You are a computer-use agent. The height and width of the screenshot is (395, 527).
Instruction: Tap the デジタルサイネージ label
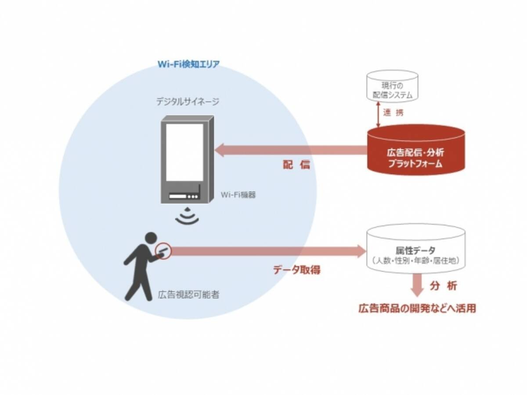(x=188, y=102)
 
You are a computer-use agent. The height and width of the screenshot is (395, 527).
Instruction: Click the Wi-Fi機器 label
(x=238, y=194)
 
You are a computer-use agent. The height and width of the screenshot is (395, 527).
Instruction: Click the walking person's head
(x=150, y=238)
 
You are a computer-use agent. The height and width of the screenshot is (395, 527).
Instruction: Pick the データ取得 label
(x=297, y=270)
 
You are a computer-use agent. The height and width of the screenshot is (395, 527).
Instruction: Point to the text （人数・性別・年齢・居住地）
(x=415, y=261)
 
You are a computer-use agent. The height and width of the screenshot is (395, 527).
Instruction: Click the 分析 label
(x=444, y=286)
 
